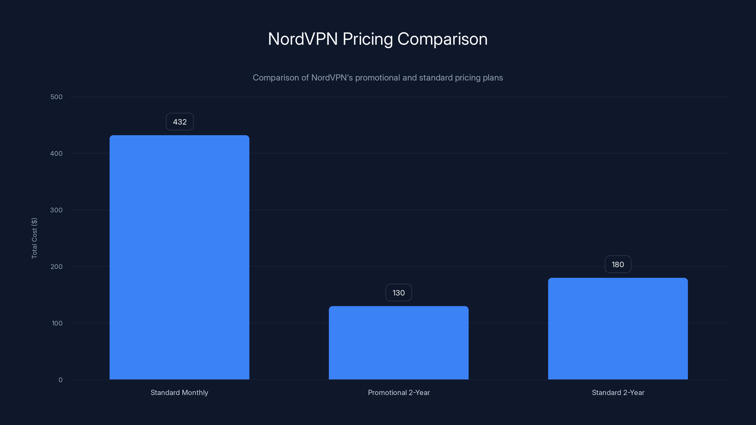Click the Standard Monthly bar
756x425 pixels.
coord(179,257)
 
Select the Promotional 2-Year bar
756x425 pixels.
coord(399,343)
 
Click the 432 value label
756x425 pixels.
coord(180,122)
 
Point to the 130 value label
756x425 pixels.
coord(399,293)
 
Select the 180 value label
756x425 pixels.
coord(618,264)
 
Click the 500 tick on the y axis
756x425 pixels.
coord(56,97)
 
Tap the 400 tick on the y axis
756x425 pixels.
coord(56,153)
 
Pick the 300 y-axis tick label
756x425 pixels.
coord(56,210)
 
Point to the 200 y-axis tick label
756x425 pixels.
coord(56,267)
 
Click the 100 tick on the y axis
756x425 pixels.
coord(57,323)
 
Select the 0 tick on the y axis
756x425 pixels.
coord(60,380)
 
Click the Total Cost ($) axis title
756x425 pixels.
coord(34,238)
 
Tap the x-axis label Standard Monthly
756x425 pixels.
coord(179,392)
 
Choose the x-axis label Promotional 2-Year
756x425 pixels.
coord(399,392)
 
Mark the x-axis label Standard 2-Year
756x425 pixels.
coord(618,392)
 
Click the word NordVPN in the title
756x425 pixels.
coord(303,39)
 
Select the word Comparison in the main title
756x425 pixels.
coord(442,39)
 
